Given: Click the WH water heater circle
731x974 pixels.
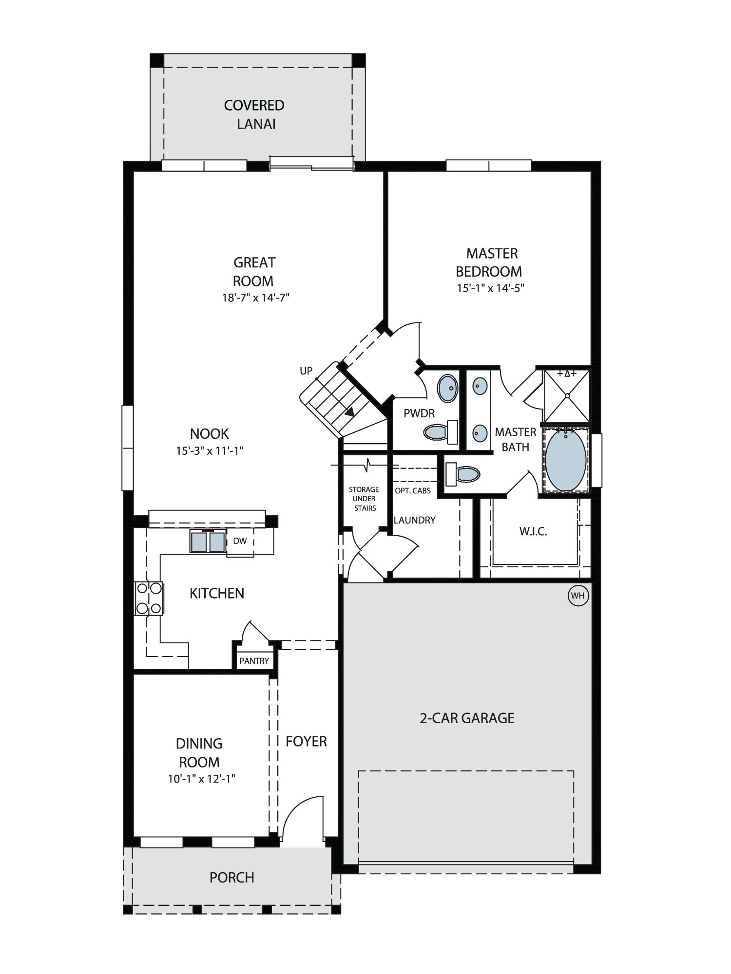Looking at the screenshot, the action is [x=578, y=596].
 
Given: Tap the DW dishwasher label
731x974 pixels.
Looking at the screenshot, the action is [x=240, y=541].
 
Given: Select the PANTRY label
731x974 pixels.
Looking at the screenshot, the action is [x=254, y=661].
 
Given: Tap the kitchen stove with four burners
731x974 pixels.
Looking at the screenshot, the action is [x=149, y=598].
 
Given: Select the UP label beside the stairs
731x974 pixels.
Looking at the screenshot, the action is [x=306, y=371].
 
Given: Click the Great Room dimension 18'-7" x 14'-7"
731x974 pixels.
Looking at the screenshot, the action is [x=256, y=298].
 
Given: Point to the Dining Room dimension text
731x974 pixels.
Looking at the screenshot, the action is [x=202, y=779].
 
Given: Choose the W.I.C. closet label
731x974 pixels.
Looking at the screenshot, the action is [x=533, y=531].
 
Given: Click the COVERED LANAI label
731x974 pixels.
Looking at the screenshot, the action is [x=254, y=114].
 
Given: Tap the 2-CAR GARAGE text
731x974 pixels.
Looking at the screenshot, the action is [x=467, y=718].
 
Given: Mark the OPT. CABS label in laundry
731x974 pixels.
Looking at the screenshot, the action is [x=413, y=490].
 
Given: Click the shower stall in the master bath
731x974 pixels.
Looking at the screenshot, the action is [x=567, y=395].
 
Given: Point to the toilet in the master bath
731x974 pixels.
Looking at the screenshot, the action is [x=462, y=474].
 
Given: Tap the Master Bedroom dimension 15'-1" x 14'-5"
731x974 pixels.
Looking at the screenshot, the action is [x=490, y=288].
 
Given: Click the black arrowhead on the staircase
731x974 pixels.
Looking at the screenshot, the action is [x=349, y=412].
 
